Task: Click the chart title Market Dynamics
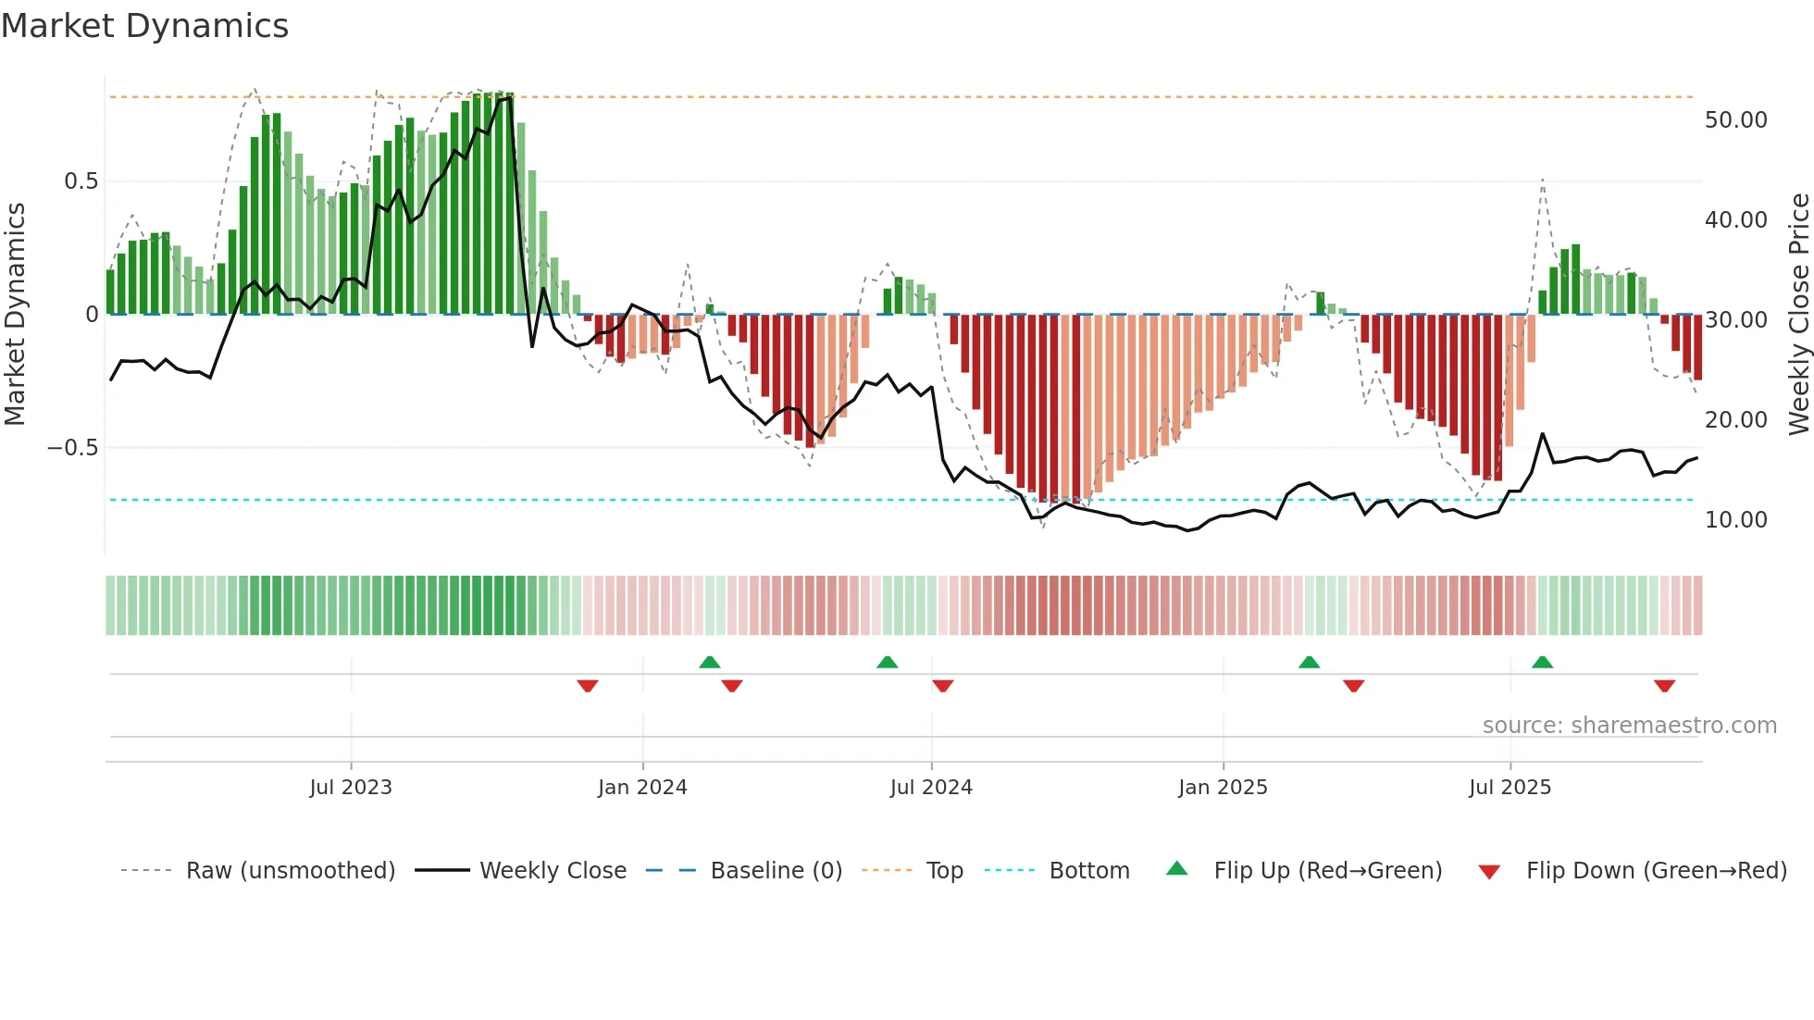[x=144, y=26]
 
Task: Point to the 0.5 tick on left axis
[x=81, y=181]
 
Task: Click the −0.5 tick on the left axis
[x=73, y=448]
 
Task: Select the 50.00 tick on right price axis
[x=1735, y=120]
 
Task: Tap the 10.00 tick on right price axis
[x=1735, y=520]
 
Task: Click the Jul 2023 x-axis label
[x=351, y=788]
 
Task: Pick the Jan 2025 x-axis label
[x=1223, y=788]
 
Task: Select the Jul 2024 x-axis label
[x=931, y=788]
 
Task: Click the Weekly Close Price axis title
[x=1798, y=315]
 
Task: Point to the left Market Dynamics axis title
[x=15, y=315]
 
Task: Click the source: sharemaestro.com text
[x=1629, y=726]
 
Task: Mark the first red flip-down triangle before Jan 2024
[x=588, y=686]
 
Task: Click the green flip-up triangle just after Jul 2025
[x=1542, y=662]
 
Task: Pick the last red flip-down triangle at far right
[x=1664, y=686]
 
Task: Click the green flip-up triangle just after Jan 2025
[x=1309, y=662]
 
